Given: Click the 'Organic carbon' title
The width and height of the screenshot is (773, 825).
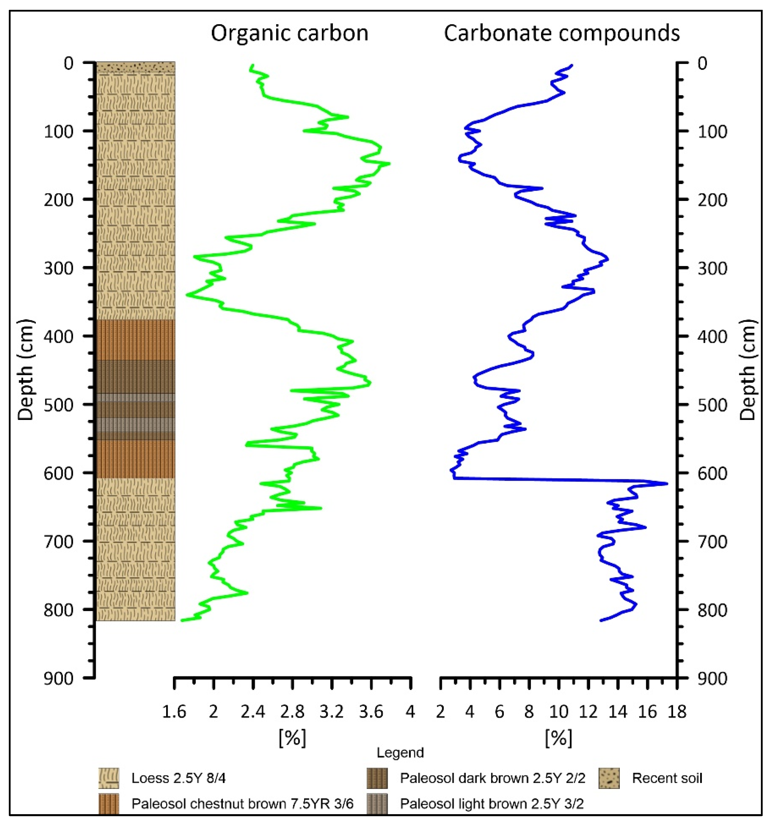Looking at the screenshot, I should [289, 33].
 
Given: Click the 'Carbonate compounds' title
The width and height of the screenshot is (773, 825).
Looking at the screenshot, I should [562, 33].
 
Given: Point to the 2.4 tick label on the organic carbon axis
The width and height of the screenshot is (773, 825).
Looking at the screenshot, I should [252, 712].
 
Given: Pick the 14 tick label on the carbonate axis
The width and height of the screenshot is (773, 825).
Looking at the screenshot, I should [618, 712].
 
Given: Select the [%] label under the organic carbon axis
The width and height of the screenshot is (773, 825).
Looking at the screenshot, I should [292, 738].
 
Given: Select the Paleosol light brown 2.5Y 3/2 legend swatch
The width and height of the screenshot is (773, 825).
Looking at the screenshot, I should [377, 803].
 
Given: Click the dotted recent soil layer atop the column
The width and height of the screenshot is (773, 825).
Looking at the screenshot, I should [136, 67].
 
